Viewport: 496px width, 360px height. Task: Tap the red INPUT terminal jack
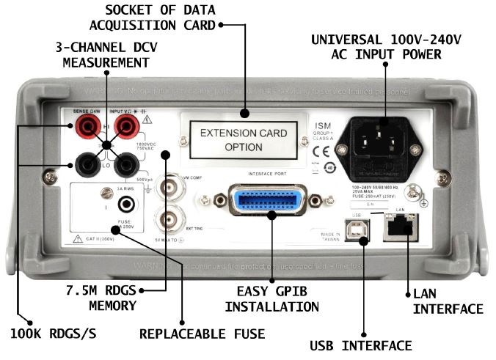[x=125, y=130]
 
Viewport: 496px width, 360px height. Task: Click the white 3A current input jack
[x=126, y=205]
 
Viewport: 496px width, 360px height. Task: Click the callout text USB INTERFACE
[x=361, y=344]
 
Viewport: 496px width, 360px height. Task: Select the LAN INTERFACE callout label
[x=448, y=301]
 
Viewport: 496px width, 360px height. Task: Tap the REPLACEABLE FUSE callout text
[x=202, y=334]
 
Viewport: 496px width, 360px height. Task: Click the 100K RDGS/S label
[x=57, y=334]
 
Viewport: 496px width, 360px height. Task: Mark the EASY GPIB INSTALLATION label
[x=271, y=298]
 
